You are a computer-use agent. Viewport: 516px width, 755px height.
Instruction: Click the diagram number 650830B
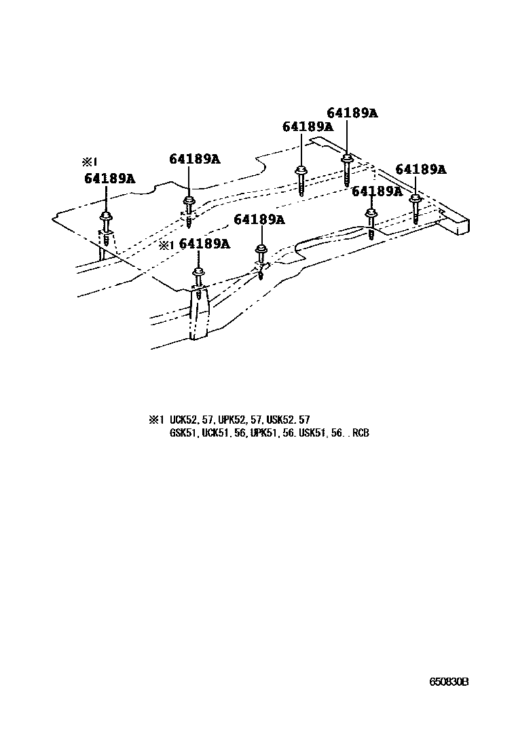[448, 682]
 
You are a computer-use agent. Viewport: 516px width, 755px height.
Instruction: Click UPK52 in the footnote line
[241, 420]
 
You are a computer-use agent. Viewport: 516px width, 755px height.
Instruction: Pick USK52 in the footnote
[279, 420]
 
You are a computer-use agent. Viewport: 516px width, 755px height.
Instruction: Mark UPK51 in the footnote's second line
[263, 432]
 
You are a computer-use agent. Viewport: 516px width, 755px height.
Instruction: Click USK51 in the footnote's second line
[312, 432]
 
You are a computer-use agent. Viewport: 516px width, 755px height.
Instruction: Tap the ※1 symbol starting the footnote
[157, 420]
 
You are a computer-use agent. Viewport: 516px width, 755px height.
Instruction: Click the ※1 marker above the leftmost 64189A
[90, 162]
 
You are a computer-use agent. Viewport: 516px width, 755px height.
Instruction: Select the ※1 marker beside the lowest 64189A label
[167, 244]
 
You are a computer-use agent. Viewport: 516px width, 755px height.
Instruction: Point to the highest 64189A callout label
[352, 113]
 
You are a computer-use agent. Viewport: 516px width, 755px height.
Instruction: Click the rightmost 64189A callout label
[420, 169]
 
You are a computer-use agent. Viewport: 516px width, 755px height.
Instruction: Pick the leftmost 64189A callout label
[109, 179]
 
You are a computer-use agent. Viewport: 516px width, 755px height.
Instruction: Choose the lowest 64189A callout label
[204, 244]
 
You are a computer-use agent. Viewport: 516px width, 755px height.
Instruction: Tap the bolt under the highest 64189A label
[346, 169]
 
